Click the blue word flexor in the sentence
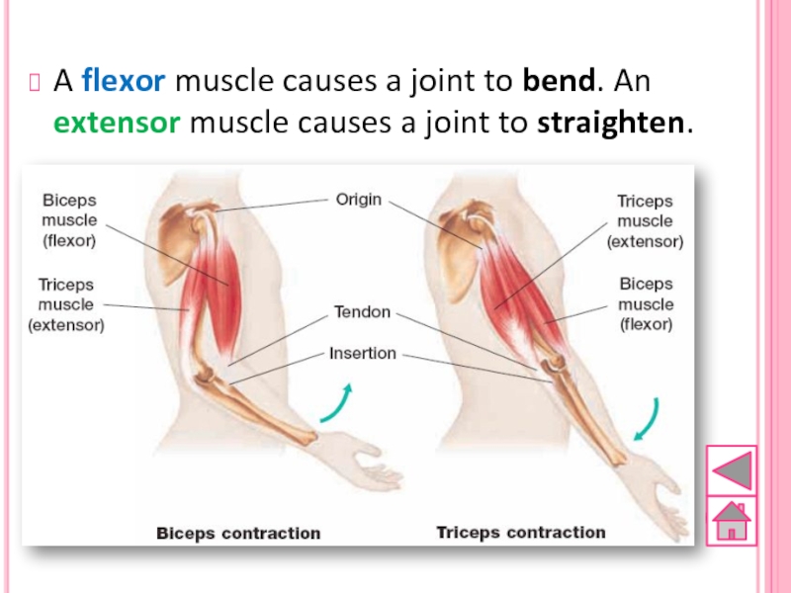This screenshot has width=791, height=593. tap(124, 80)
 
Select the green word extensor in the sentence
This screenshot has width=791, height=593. tap(116, 124)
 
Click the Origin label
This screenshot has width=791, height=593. tap(358, 200)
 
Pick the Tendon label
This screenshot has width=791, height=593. tap(362, 312)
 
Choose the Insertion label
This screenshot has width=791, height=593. tap(362, 353)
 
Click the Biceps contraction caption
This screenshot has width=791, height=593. tap(238, 533)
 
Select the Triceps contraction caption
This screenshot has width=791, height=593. tap(521, 533)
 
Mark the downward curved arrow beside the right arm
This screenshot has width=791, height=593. tap(648, 419)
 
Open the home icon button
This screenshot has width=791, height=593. tap(732, 520)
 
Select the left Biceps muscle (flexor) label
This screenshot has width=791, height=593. tap(68, 218)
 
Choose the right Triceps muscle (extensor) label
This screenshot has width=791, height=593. tap(645, 220)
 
